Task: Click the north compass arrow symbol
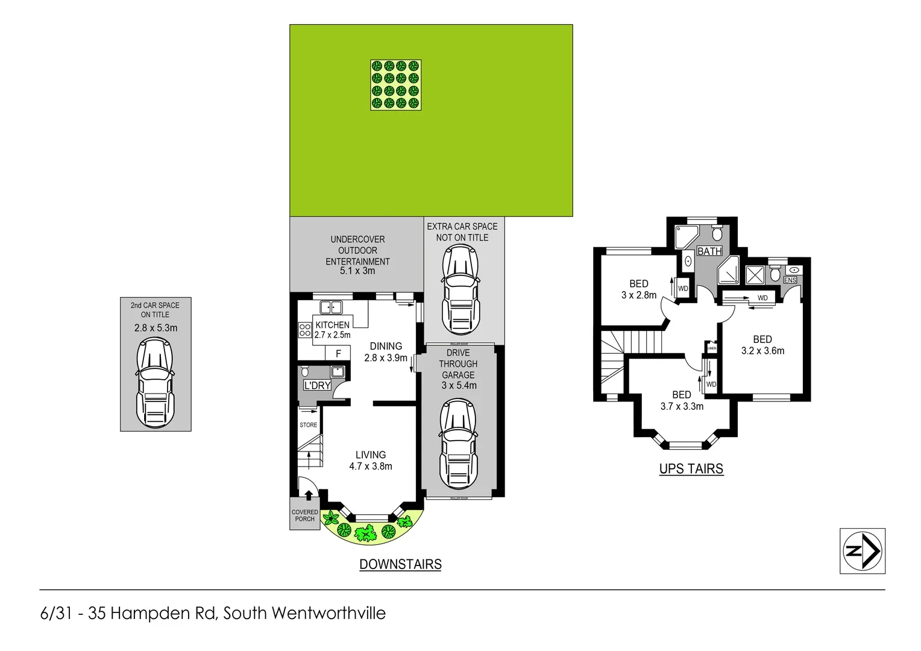863,550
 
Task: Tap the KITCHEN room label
332,325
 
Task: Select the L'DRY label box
317,385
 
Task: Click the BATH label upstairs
709,251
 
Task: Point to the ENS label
790,280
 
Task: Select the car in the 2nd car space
156,383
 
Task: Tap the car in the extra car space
461,289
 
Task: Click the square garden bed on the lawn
395,85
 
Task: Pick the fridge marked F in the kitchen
338,353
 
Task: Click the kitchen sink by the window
331,307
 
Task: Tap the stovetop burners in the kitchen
305,330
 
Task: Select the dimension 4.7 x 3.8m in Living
371,466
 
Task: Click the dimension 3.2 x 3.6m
762,351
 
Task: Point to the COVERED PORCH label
305,515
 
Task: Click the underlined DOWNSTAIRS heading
400,564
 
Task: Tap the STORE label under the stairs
309,425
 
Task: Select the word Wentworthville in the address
328,613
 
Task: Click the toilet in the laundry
305,371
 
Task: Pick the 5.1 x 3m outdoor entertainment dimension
357,271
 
